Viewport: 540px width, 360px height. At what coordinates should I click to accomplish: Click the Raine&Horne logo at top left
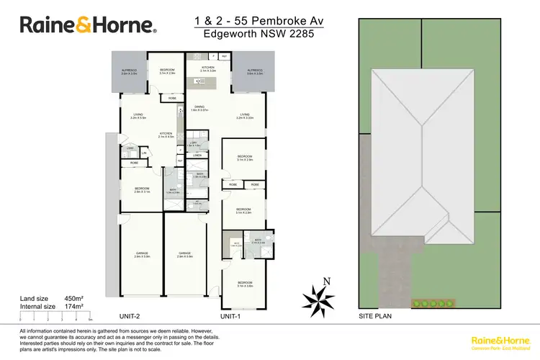tap(88, 25)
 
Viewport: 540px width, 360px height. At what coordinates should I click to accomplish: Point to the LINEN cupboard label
tap(197, 155)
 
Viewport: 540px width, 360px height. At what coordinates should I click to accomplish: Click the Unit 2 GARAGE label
tap(142, 254)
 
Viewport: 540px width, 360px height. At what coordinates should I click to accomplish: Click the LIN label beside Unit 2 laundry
tap(143, 153)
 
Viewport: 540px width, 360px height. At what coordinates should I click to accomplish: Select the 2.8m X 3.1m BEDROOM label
tap(142, 191)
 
